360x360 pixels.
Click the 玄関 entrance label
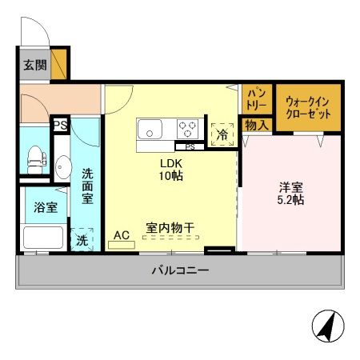point(34,65)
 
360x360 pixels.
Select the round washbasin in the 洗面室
point(62,170)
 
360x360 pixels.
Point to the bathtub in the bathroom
point(43,237)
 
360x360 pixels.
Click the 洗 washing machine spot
point(82,238)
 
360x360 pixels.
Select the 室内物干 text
point(170,228)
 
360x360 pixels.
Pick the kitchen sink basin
point(150,128)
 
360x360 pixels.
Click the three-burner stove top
point(188,128)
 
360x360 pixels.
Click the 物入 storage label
point(255,125)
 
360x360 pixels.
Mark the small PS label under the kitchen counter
point(190,146)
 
